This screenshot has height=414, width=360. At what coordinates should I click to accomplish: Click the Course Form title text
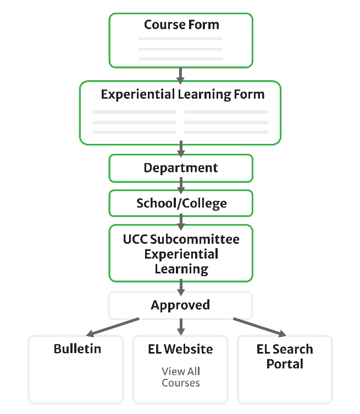[x=181, y=25]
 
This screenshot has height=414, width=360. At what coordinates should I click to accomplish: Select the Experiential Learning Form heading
[x=182, y=94]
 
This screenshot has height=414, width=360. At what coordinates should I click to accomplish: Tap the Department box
[x=181, y=168]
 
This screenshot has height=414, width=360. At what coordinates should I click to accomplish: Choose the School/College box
[x=181, y=204]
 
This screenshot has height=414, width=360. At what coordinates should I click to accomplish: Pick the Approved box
[x=180, y=305]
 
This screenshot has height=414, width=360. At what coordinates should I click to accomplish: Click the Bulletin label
[x=77, y=349]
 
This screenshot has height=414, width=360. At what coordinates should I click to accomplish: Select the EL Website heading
[x=180, y=349]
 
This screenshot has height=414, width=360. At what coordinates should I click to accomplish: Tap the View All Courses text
[x=181, y=377]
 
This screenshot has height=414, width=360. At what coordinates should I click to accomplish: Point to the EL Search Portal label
[x=285, y=356]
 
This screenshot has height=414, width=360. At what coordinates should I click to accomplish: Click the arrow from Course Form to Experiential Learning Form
[x=180, y=74]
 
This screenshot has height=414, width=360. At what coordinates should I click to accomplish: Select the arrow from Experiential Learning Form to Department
[x=180, y=148]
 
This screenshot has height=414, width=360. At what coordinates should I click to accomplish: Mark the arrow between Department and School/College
[x=180, y=184]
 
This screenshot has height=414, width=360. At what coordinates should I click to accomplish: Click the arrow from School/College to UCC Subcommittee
[x=180, y=220]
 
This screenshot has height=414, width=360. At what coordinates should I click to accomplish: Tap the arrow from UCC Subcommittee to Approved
[x=180, y=287]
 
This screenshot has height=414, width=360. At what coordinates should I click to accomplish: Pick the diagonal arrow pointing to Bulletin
[x=113, y=326]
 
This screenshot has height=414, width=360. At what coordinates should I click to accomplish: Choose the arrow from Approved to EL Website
[x=180, y=327]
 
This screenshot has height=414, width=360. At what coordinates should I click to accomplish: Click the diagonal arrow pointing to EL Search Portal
[x=259, y=327]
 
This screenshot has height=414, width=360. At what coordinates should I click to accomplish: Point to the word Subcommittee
[x=194, y=239]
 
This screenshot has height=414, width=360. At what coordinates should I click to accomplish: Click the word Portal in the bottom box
[x=285, y=364]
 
